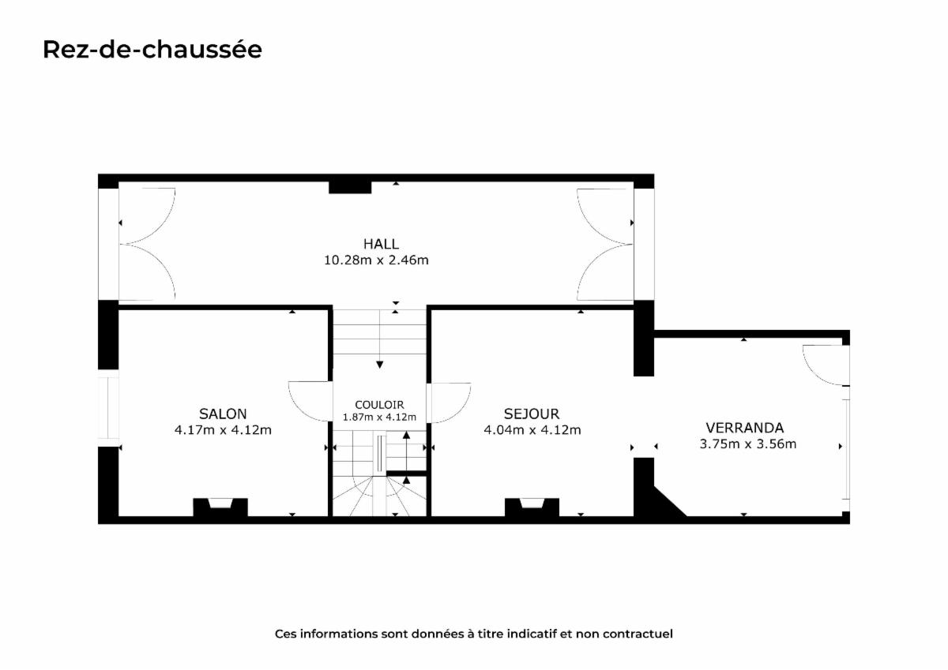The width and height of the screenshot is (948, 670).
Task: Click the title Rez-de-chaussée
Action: click(x=152, y=50)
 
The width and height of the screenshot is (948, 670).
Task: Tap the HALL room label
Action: click(x=381, y=244)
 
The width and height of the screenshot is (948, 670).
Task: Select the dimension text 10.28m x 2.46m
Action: click(x=376, y=260)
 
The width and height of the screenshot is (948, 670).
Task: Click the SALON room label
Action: click(x=223, y=414)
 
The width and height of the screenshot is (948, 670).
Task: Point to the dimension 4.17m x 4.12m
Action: click(x=223, y=430)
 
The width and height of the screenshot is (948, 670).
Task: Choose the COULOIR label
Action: click(x=379, y=405)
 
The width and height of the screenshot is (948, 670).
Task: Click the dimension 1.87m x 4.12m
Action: click(x=379, y=417)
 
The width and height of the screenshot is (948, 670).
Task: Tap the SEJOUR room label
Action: click(x=532, y=414)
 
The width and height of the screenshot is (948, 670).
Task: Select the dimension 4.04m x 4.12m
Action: click(x=532, y=430)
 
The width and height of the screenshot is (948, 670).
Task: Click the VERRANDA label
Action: click(x=745, y=428)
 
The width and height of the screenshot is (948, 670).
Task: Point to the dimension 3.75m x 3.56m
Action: click(x=748, y=444)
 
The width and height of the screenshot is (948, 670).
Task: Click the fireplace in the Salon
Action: click(x=220, y=507)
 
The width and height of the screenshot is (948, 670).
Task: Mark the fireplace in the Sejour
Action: click(x=532, y=507)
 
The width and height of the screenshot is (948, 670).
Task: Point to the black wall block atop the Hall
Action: click(x=350, y=187)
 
